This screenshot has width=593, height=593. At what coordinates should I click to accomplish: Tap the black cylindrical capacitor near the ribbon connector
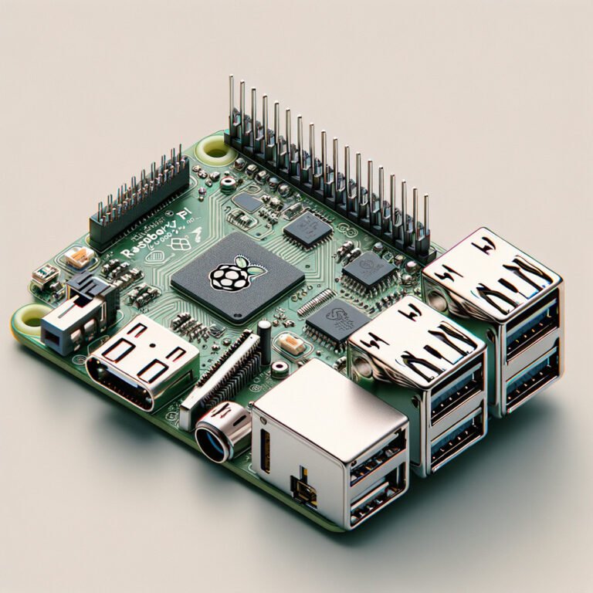click(x=265, y=340)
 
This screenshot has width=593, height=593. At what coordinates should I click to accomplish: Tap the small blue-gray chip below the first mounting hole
click(x=248, y=202)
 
